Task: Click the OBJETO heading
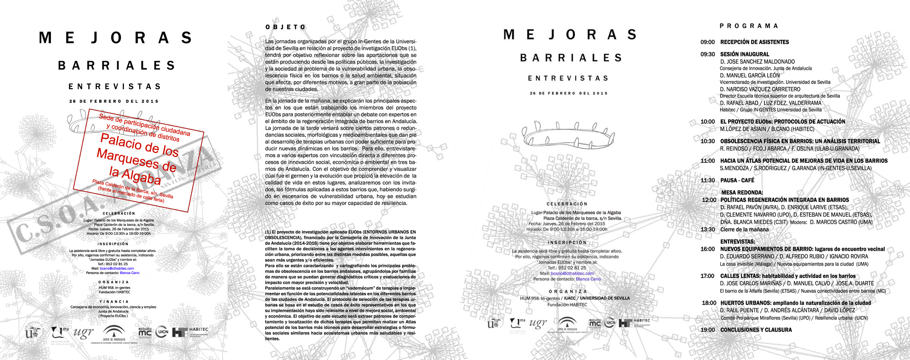pyautogui.click(x=286, y=27)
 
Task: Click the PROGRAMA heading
pyautogui.click(x=749, y=26)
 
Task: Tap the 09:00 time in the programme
pyautogui.click(x=707, y=42)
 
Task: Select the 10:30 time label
pyautogui.click(x=707, y=141)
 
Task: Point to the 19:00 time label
pyautogui.click(x=707, y=330)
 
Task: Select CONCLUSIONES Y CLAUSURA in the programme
pyautogui.click(x=756, y=330)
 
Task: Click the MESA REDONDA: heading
pyautogui.click(x=742, y=192)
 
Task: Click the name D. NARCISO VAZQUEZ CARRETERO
pyautogui.click(x=760, y=89)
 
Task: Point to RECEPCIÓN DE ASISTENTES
pyautogui.click(x=754, y=42)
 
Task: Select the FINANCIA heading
pyautogui.click(x=114, y=302)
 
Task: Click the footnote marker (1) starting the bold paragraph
pyautogui.click(x=268, y=232)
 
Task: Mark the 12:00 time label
pyautogui.click(x=709, y=200)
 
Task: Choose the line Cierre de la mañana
pyautogui.click(x=744, y=230)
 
